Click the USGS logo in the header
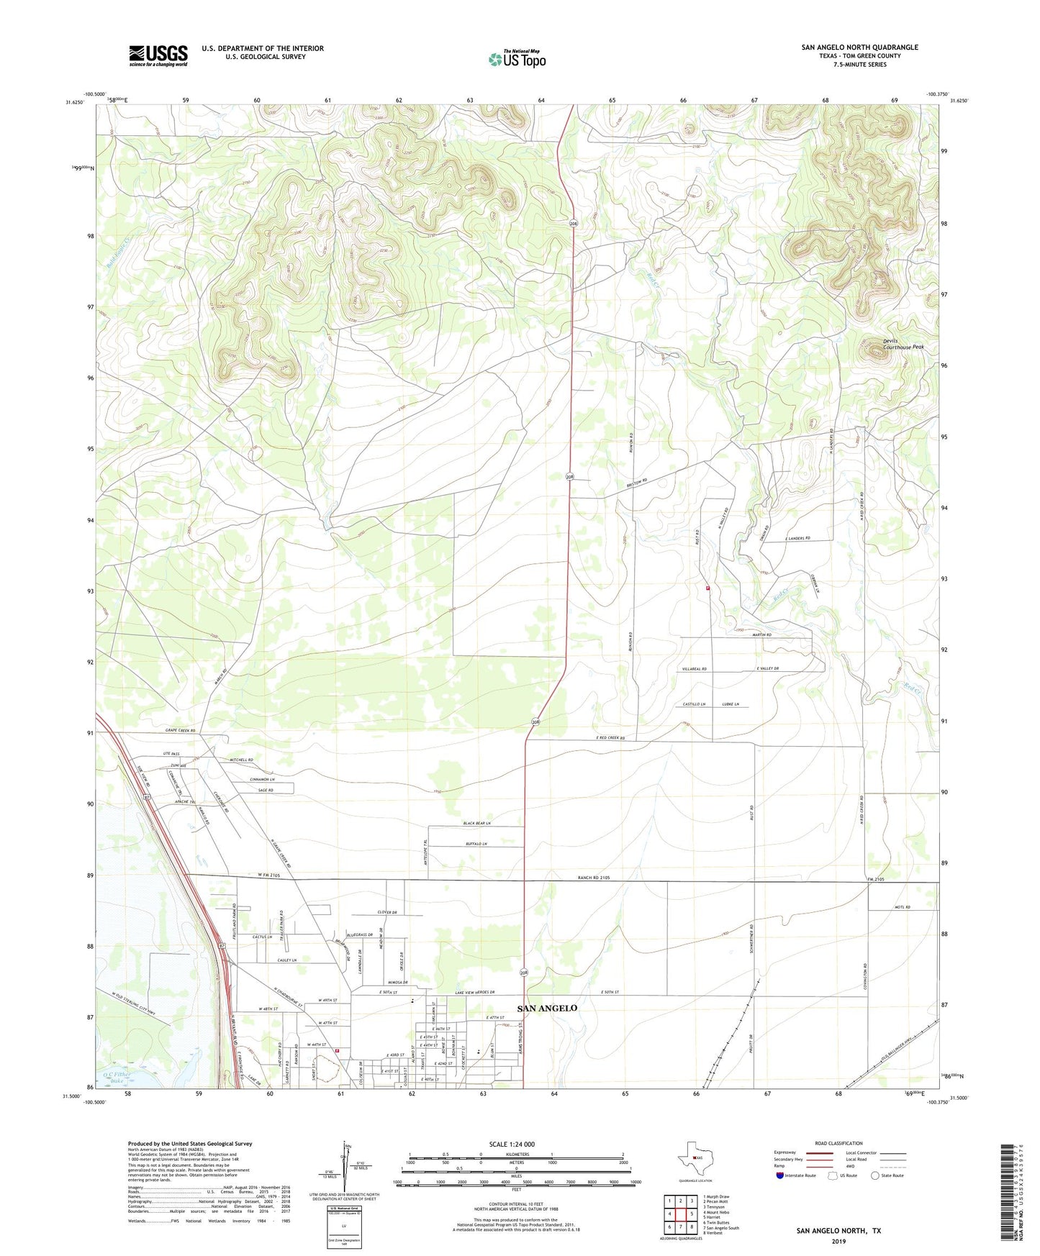tap(158, 55)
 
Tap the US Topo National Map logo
tap(517, 59)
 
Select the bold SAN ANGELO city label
tap(547, 1008)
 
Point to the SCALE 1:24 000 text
tap(511, 1144)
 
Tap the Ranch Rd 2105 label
tap(594, 878)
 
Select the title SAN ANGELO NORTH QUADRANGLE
tap(859, 47)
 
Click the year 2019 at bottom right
tap(838, 1242)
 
